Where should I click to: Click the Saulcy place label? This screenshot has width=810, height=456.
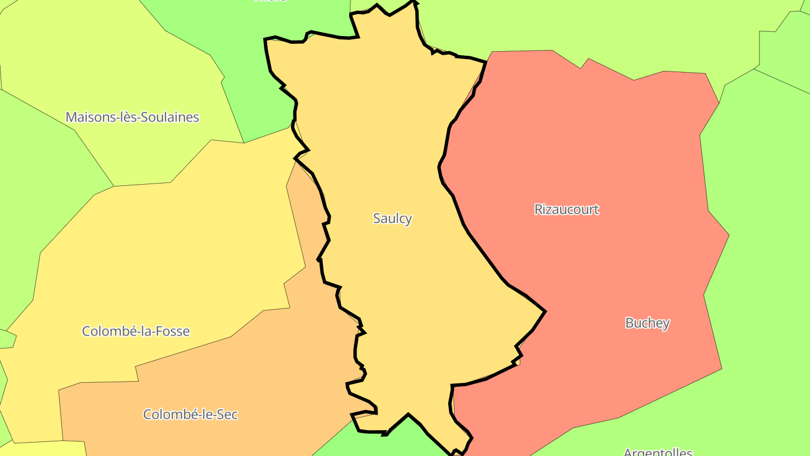[x=392, y=218]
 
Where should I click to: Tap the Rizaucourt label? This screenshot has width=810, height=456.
[x=566, y=209]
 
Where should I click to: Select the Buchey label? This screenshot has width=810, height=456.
[x=647, y=323]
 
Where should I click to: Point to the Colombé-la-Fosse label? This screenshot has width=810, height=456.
[x=136, y=331]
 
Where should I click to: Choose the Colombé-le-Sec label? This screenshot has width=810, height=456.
[x=190, y=415]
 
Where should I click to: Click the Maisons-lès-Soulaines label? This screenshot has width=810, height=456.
[x=132, y=117]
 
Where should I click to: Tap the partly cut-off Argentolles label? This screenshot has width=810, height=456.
[x=658, y=451]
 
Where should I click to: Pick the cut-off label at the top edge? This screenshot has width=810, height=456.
[x=270, y=2]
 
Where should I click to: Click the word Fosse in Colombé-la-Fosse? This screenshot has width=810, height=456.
[x=171, y=331]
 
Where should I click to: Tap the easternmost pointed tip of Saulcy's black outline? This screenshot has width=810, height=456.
[x=544, y=311]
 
